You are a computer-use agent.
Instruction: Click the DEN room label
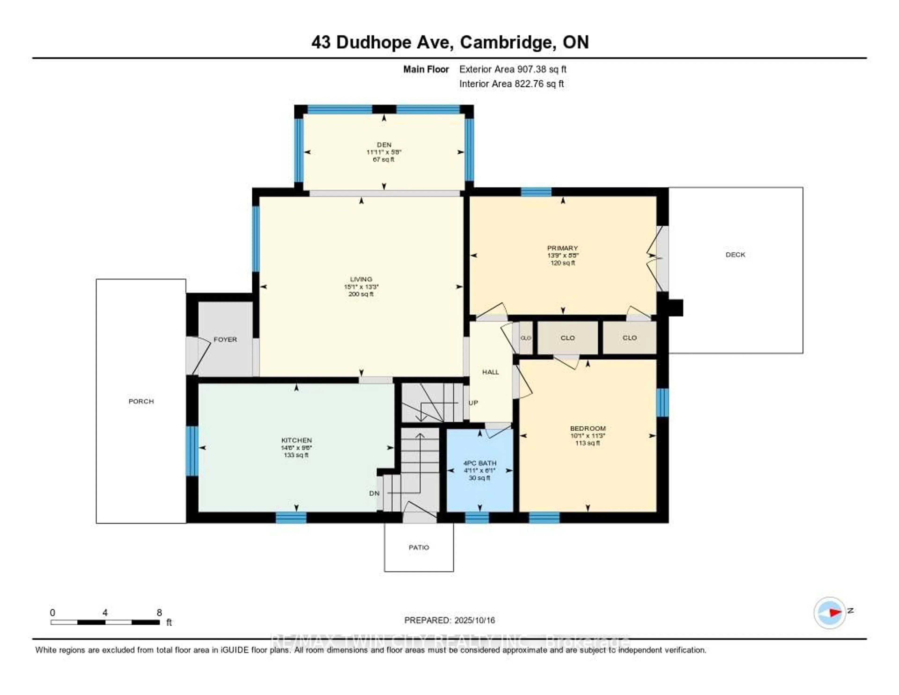pos(384,145)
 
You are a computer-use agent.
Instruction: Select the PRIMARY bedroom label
pos(562,248)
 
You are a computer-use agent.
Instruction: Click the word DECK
pos(735,255)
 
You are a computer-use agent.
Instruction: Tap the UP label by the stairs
pos(473,403)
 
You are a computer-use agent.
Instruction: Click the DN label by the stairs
pos(374,493)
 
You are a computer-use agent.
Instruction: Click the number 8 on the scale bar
pos(159,613)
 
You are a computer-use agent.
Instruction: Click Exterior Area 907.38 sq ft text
pos(512,69)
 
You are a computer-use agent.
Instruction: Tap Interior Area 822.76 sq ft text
pos(511,84)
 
